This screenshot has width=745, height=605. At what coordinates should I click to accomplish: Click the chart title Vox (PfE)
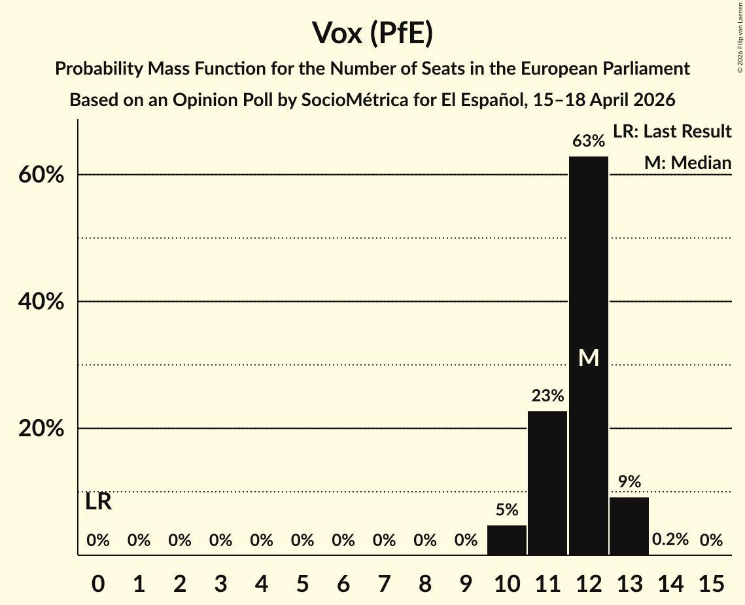click(x=372, y=33)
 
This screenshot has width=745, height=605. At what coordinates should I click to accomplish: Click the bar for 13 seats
click(x=629, y=526)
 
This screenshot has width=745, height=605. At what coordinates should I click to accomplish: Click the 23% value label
click(x=547, y=395)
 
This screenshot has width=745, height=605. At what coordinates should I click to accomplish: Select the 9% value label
click(x=629, y=482)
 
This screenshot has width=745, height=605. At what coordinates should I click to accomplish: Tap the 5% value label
click(x=507, y=510)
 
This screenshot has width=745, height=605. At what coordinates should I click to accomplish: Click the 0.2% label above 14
click(x=670, y=540)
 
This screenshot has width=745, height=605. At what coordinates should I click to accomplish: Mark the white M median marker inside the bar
click(x=589, y=357)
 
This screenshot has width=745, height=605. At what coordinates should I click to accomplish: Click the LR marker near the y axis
click(x=98, y=502)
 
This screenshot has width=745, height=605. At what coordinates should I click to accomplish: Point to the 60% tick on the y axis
click(x=44, y=175)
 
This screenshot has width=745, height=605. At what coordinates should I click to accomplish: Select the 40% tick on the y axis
click(x=44, y=302)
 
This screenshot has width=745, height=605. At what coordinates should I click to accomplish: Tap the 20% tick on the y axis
click(x=44, y=429)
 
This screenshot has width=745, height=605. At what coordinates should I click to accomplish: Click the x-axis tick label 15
click(x=711, y=581)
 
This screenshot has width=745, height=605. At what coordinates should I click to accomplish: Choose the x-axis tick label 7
click(x=384, y=581)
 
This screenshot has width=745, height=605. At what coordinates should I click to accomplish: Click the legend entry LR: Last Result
click(x=672, y=132)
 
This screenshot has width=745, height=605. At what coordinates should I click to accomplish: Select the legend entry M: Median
click(x=687, y=162)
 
